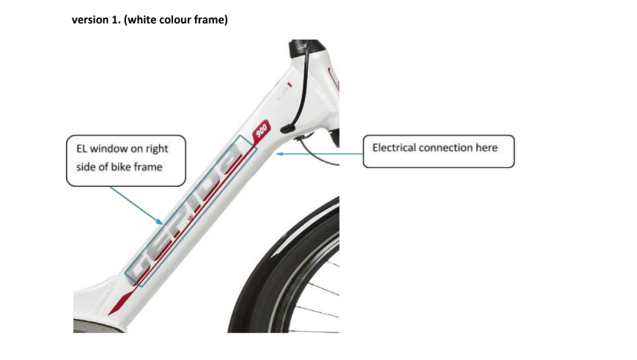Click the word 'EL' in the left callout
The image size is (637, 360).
[x=81, y=149]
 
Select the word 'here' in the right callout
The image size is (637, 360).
[x=487, y=147]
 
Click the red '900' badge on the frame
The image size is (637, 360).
[x=261, y=130]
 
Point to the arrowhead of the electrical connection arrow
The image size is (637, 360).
[x=279, y=154]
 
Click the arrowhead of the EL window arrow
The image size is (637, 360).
[x=160, y=221]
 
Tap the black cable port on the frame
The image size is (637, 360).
[x=287, y=129]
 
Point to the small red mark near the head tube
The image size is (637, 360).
[x=290, y=84]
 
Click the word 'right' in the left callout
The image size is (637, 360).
[x=157, y=149]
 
